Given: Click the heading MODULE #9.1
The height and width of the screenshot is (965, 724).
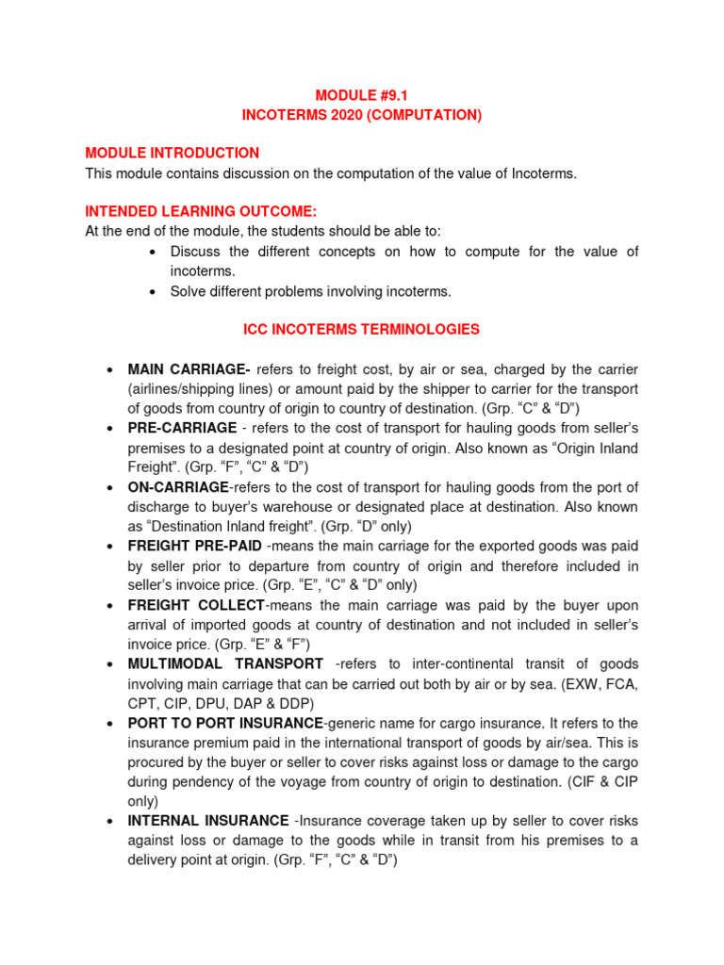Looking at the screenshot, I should click(x=361, y=95).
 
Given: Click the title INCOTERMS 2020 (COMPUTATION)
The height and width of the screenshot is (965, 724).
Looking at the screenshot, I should click(x=361, y=115).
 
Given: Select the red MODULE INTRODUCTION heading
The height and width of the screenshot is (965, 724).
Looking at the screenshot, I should click(x=172, y=153).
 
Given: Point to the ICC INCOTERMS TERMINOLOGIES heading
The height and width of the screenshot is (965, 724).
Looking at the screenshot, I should click(x=361, y=329).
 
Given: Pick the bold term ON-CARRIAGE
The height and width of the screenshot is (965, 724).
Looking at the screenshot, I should click(x=178, y=487).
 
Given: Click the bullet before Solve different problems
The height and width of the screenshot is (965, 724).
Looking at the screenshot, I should click(x=153, y=291).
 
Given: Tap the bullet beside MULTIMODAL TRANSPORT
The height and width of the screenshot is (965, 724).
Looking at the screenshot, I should click(x=110, y=664).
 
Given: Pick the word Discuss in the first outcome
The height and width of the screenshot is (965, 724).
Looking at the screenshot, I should click(x=195, y=252).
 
